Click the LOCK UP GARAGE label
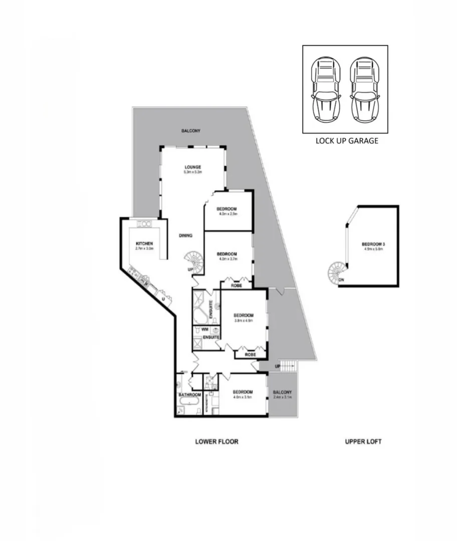[346, 141]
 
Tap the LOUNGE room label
[192, 167]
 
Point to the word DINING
[185, 235]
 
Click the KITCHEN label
[144, 243]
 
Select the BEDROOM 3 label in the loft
[373, 244]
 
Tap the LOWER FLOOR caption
[216, 442]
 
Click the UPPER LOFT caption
[363, 442]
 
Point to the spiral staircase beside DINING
[193, 261]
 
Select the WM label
[204, 330]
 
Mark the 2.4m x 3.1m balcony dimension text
[283, 397]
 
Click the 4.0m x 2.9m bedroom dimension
[226, 214]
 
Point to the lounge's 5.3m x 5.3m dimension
[192, 172]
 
